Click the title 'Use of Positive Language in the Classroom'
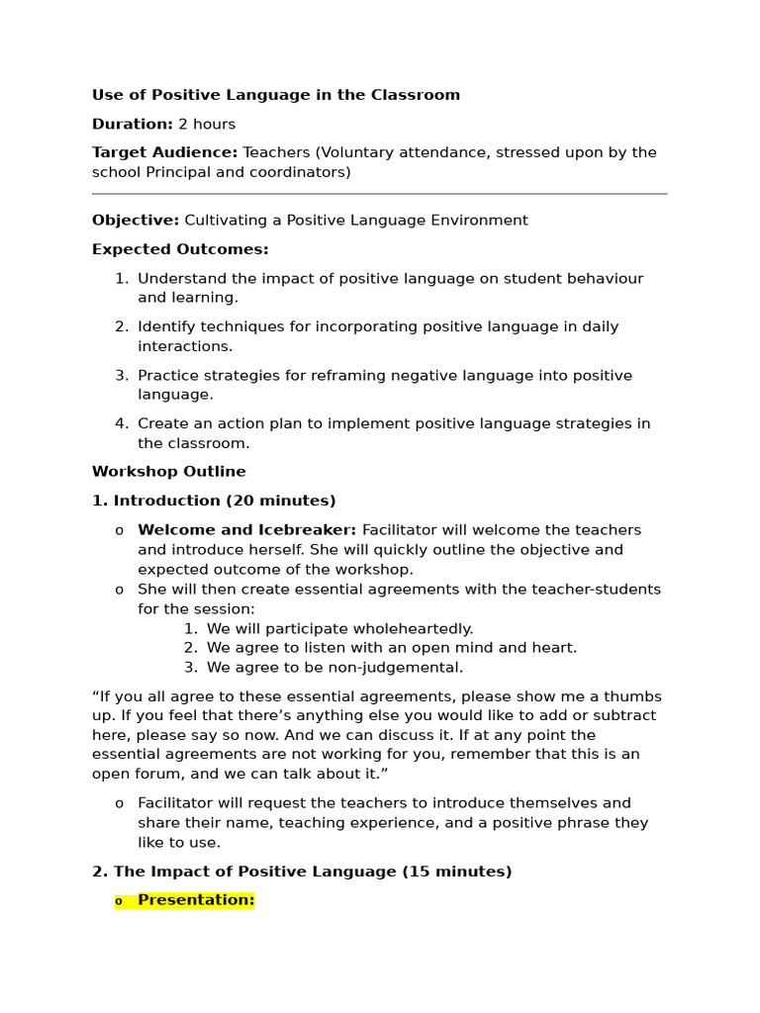click(x=276, y=95)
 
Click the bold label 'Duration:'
click(x=133, y=124)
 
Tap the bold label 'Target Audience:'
click(x=164, y=152)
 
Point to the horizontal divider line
click(x=379, y=194)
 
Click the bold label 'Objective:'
click(x=136, y=221)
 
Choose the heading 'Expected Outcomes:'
click(x=180, y=249)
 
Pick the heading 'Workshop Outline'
click(x=169, y=472)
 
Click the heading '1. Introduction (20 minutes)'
click(x=214, y=501)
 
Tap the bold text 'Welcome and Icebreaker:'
click(x=246, y=530)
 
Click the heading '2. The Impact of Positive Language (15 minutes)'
click(x=302, y=872)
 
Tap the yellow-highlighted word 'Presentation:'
click(x=196, y=900)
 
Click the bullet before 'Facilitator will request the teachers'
click(x=120, y=804)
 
